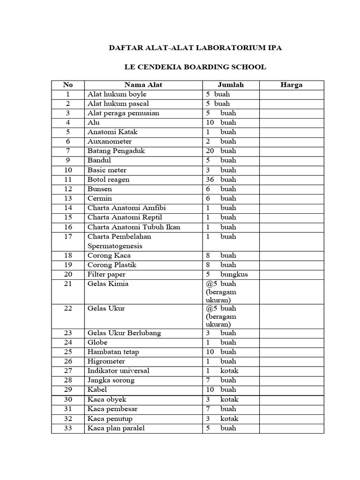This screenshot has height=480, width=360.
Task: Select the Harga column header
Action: click(x=291, y=85)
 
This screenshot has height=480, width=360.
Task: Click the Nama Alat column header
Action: click(x=143, y=85)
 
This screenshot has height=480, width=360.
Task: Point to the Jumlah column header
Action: click(x=231, y=85)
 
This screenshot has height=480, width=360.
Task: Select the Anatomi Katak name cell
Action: click(x=112, y=132)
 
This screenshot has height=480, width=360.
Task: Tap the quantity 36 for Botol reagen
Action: click(x=210, y=180)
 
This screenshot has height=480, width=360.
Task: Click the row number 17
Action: click(x=68, y=237)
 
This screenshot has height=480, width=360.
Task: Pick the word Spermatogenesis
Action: click(x=115, y=246)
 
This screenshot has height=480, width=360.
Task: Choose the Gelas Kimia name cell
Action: click(x=108, y=284)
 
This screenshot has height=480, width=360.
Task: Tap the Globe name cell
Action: click(x=97, y=343)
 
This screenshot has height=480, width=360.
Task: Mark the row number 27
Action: click(x=68, y=371)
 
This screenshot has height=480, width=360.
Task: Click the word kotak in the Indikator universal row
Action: click(x=229, y=371)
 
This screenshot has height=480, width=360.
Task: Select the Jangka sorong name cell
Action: click(x=111, y=380)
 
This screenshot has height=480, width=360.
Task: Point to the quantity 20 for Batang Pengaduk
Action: click(x=210, y=151)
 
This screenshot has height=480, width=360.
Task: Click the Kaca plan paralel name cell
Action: click(x=116, y=428)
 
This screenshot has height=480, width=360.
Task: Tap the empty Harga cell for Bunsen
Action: click(x=291, y=189)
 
